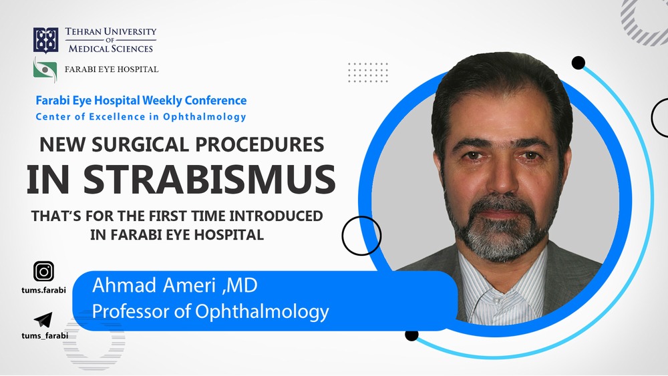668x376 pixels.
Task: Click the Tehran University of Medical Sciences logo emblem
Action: click(46, 41)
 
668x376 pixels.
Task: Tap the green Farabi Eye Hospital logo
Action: click(45, 69)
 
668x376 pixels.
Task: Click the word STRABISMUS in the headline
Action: click(209, 179)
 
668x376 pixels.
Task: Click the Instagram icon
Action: click(44, 271)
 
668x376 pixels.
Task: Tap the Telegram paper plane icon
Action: click(43, 319)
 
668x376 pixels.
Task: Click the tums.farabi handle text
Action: click(44, 291)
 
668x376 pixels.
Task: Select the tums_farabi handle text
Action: click(45, 335)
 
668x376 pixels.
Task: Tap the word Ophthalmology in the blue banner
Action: click(262, 312)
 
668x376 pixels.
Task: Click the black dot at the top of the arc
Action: click(578, 63)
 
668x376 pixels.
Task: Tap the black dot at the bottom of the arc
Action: click(411, 335)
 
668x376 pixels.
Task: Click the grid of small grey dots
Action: click(368, 72)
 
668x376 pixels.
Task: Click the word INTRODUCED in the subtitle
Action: click(276, 216)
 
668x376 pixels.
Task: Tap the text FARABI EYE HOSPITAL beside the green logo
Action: click(112, 69)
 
